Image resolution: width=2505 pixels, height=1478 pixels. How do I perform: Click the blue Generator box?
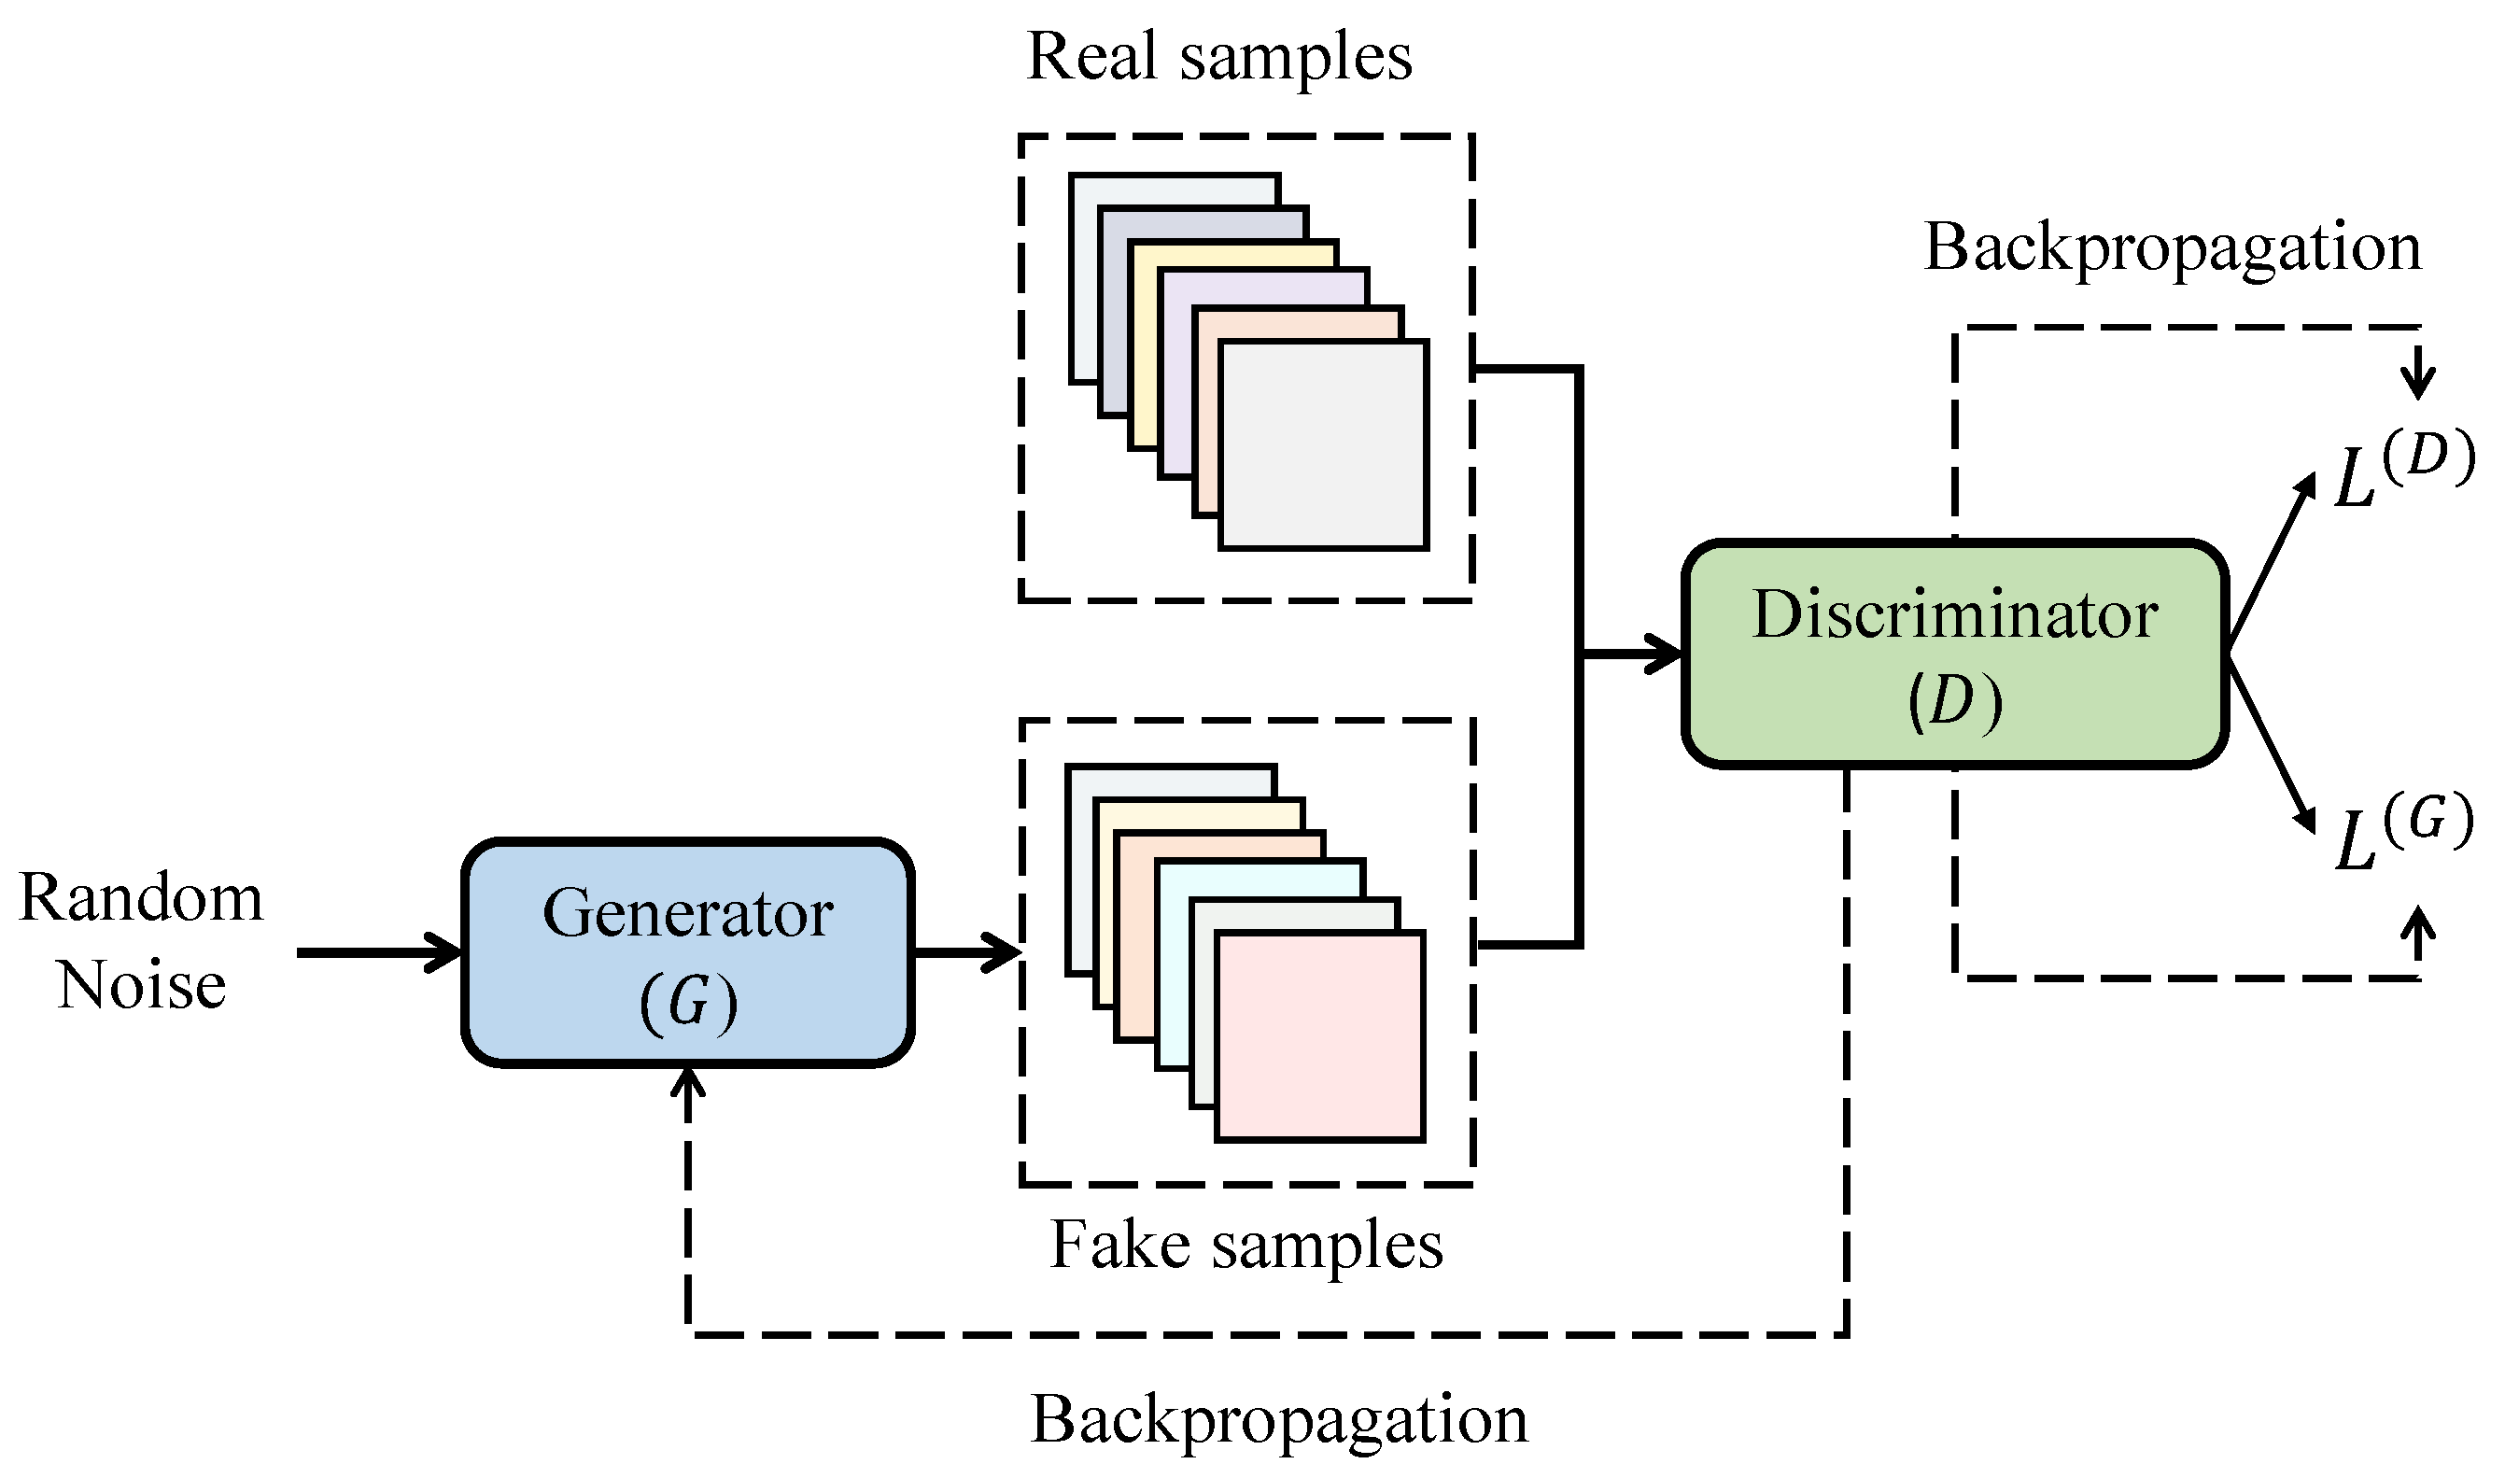688,953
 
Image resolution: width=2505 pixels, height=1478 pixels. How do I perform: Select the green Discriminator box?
1954,655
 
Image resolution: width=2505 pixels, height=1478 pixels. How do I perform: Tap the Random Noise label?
141,940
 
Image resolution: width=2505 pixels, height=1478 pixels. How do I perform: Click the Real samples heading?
1218,56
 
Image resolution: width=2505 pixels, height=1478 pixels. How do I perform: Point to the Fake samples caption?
1246,1245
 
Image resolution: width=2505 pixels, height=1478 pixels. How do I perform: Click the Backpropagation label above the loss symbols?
2173,247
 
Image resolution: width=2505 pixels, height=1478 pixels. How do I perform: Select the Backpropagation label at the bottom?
1278,1419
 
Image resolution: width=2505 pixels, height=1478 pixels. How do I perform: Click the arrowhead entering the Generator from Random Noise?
448,953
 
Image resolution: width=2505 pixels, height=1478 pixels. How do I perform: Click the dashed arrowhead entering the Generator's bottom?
688,1080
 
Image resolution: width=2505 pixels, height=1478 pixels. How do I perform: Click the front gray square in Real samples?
1323,445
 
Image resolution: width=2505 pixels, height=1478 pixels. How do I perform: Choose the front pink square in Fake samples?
1320,1035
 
